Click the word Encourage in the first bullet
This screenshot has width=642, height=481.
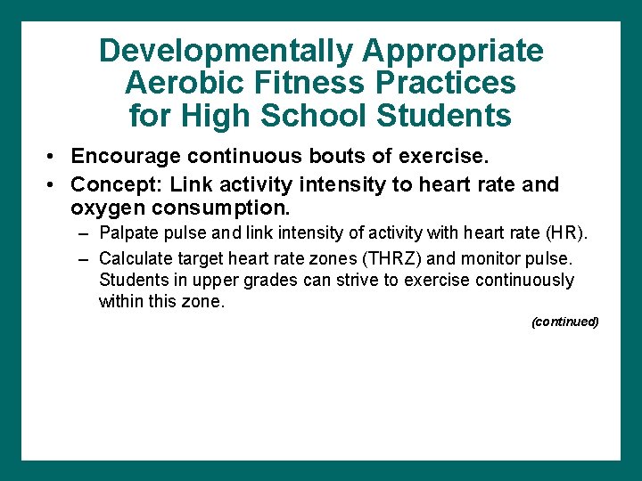125,157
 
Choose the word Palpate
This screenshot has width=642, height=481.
128,233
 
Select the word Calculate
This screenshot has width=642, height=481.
134,258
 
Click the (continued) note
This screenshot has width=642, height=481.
564,322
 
